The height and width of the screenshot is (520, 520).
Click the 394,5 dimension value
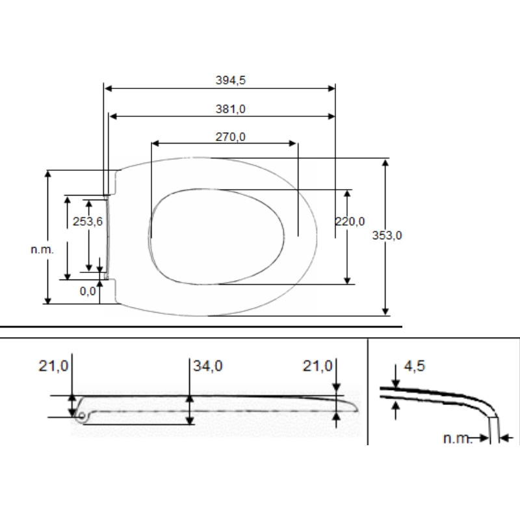pyautogui.click(x=230, y=80)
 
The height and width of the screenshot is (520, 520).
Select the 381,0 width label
pyautogui.click(x=230, y=109)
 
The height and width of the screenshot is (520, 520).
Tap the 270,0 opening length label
pyautogui.click(x=230, y=136)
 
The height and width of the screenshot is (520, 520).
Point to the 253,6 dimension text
pyautogui.click(x=88, y=221)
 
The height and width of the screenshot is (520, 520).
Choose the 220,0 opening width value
pyautogui.click(x=350, y=221)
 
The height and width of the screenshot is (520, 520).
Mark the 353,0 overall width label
pyautogui.click(x=388, y=235)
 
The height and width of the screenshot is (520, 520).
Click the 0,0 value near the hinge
pyautogui.click(x=88, y=291)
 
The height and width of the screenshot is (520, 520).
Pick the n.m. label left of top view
pyautogui.click(x=41, y=250)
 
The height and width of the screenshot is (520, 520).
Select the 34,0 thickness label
pyautogui.click(x=208, y=365)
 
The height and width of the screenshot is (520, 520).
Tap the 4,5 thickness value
pyautogui.click(x=414, y=365)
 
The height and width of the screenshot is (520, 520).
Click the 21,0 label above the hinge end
pyautogui.click(x=53, y=365)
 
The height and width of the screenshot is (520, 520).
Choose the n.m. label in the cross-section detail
pyautogui.click(x=458, y=439)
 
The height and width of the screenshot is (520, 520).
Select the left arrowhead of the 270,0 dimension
pyautogui.click(x=155, y=144)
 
